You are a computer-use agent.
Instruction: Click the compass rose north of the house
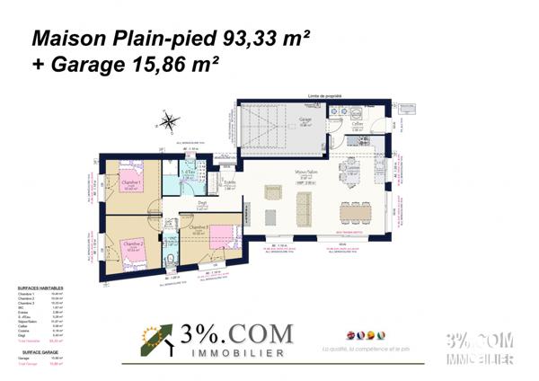coord(167,122)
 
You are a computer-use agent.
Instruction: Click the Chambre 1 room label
coord(130,182)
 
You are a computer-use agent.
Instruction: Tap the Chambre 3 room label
coord(199,226)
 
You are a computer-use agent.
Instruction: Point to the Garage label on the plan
coord(305,119)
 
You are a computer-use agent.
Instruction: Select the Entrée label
coord(229,182)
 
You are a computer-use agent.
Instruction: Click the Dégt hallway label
coord(202,204)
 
